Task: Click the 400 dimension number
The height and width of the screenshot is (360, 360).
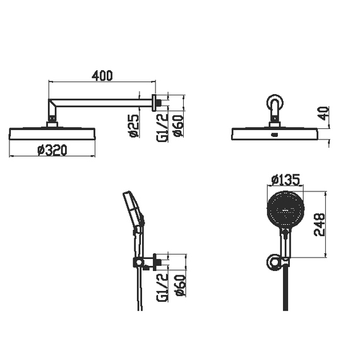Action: click(x=102, y=75)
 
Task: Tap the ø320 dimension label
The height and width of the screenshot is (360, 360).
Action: click(x=52, y=150)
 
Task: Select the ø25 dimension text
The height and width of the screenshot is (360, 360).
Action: click(x=134, y=126)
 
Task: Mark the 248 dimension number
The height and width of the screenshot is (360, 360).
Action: click(x=320, y=224)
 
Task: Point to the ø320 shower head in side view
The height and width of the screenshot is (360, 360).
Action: click(x=52, y=133)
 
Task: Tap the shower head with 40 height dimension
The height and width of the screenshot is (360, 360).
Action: click(x=275, y=133)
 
